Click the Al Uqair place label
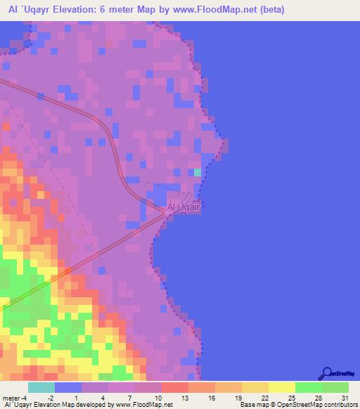coord(184,208)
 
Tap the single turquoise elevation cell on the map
coord(198,172)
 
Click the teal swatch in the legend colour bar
coord(41,388)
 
